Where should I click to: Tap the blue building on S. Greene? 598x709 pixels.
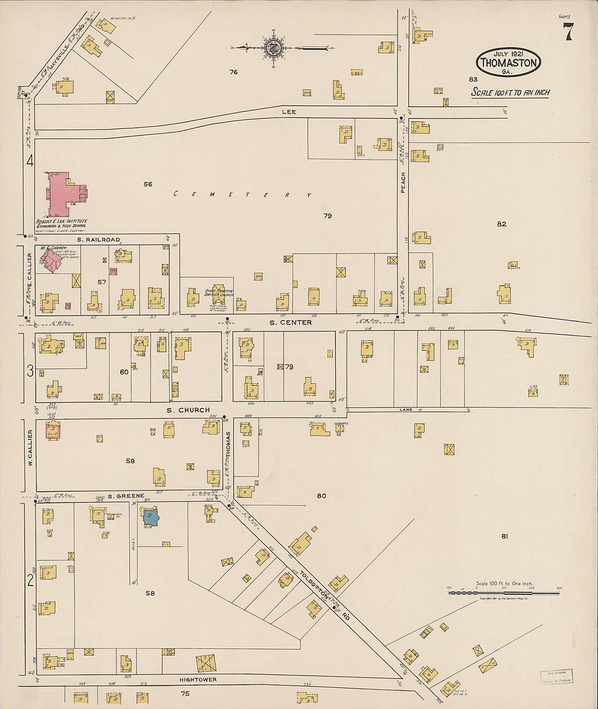[151, 517]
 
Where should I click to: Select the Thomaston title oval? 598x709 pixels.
[509, 62]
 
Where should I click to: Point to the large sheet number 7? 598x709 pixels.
[568, 34]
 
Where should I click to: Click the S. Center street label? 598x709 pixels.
[291, 323]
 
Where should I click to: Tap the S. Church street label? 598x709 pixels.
[188, 410]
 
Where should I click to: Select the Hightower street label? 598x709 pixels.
[198, 680]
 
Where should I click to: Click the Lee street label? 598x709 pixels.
[289, 111]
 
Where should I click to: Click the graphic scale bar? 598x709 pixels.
[504, 592]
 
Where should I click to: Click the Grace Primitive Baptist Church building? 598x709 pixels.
[219, 294]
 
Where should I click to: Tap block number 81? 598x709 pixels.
[504, 536]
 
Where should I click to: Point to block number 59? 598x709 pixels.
[130, 461]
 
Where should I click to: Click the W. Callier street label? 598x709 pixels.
[30, 447]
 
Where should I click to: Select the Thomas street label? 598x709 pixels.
[229, 444]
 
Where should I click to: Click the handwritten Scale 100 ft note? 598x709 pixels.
[510, 92]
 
